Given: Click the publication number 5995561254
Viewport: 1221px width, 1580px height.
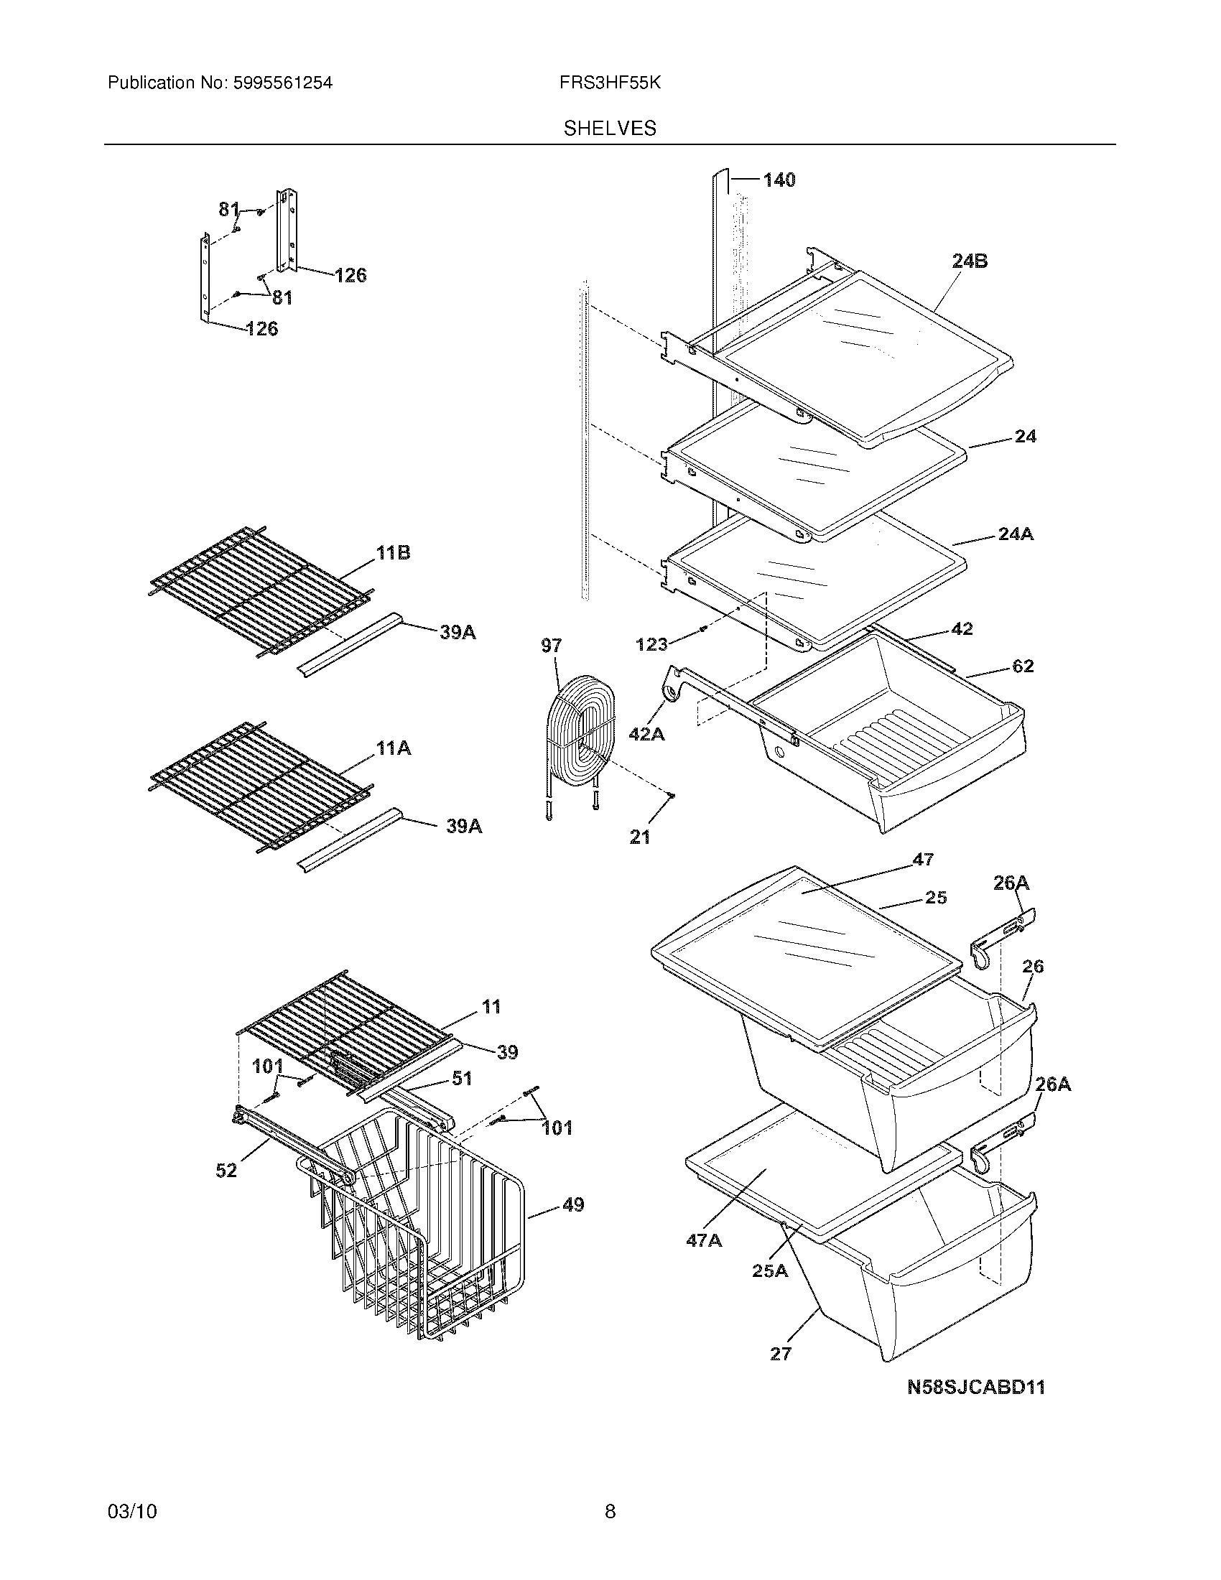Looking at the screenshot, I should click(x=282, y=83).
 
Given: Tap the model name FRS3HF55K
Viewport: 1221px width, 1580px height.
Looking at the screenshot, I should click(x=609, y=83).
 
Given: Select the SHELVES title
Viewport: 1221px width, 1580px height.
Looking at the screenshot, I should click(x=610, y=129).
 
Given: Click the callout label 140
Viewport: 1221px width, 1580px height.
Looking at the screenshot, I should click(x=779, y=180).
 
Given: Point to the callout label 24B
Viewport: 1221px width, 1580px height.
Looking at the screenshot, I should click(x=970, y=261).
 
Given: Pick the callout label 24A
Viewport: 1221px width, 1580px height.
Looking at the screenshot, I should click(x=1015, y=534).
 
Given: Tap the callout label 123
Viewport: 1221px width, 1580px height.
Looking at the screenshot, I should click(x=651, y=644).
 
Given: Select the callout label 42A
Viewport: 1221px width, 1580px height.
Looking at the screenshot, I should click(x=646, y=733).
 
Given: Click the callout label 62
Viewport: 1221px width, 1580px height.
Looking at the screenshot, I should click(x=1022, y=666).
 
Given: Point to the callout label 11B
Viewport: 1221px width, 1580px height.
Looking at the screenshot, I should click(x=393, y=554).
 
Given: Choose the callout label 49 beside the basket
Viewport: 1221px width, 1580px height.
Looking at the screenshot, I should click(x=572, y=1205).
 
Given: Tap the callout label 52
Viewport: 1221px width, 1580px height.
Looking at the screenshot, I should click(x=226, y=1170).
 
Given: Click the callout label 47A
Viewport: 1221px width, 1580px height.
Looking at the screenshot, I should click(x=703, y=1241).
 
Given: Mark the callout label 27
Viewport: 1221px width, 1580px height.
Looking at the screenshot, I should click(x=781, y=1354).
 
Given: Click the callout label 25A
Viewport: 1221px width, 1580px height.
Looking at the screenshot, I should click(x=770, y=1270).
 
